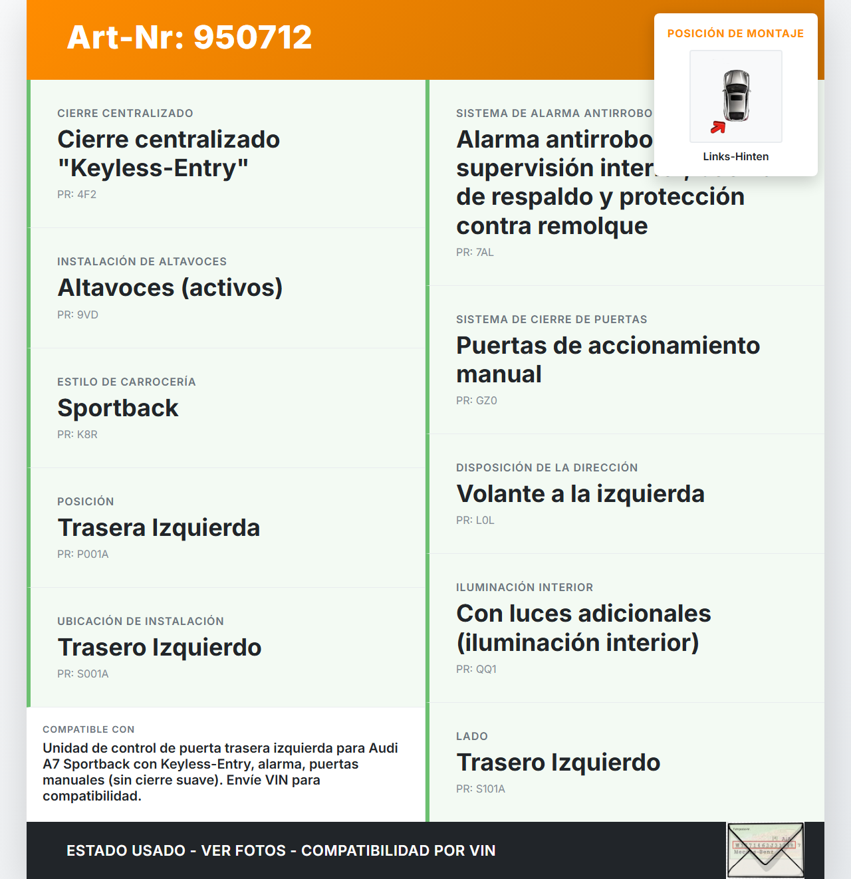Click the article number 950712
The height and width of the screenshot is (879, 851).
(253, 37)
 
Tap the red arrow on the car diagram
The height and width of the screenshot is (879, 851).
(717, 127)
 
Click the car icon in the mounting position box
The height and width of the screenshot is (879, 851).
(736, 96)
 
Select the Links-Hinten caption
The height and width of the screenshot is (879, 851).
(736, 156)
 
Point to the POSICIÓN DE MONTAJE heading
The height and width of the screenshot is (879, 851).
(735, 33)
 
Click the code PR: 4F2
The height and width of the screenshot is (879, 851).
(76, 194)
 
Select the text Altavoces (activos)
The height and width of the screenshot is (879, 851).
(170, 287)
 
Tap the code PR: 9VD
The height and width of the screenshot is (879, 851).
(77, 314)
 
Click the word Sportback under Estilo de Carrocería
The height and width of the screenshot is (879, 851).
(118, 408)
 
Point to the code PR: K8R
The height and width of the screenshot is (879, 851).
(77, 434)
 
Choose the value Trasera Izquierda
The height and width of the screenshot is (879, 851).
(158, 527)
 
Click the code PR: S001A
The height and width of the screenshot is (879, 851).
(82, 674)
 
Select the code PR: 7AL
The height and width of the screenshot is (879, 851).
(475, 252)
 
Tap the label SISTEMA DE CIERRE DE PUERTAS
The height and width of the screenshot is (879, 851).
(551, 319)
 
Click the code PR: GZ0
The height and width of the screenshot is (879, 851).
(476, 400)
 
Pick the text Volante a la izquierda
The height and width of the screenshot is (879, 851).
(580, 493)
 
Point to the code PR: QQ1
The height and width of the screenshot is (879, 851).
(476, 669)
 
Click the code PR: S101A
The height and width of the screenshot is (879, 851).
(480, 789)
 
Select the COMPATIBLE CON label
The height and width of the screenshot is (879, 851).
(88, 729)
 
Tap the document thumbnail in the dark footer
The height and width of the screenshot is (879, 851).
(765, 850)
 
